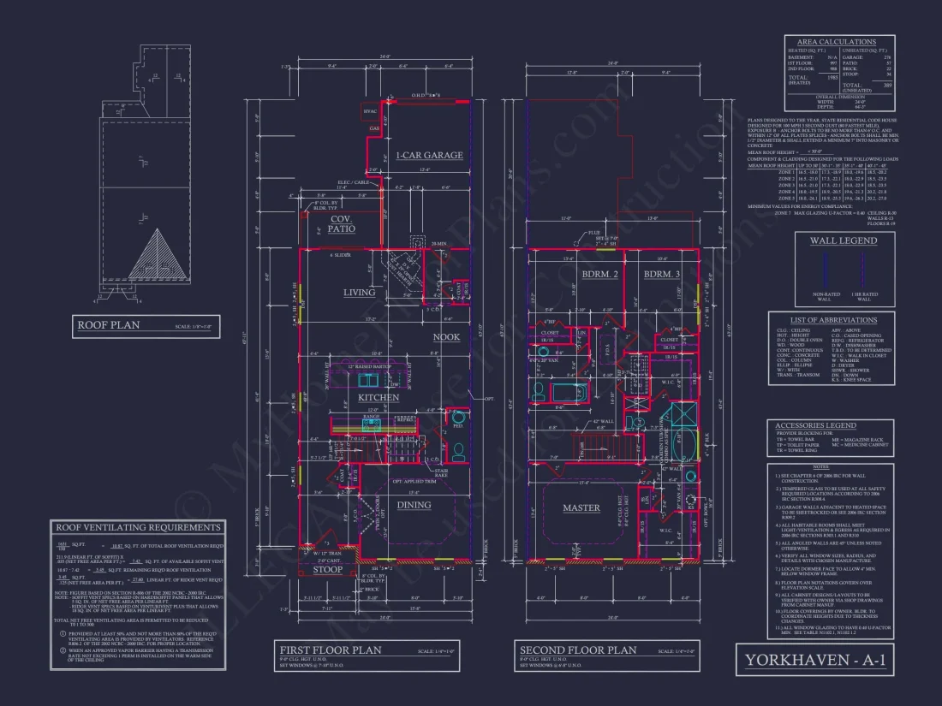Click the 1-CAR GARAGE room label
[x=429, y=156]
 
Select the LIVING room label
[x=360, y=293]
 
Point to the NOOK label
[x=445, y=337]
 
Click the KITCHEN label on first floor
[x=379, y=397]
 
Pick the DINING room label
[x=414, y=505]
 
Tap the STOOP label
[x=327, y=569]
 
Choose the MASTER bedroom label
[x=581, y=508]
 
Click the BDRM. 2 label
[x=599, y=275]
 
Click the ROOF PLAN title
[x=109, y=325]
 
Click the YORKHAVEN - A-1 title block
[x=814, y=660]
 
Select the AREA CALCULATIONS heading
[x=837, y=41]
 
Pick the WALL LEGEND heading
[x=844, y=240]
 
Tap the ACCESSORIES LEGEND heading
[x=815, y=425]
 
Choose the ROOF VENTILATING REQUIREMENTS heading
[x=138, y=527]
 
